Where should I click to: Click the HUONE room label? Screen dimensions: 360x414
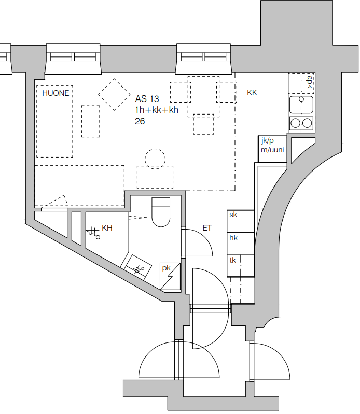tap(56, 93)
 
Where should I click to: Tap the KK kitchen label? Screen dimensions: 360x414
tap(252, 93)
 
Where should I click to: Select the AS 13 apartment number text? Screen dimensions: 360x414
tap(147, 99)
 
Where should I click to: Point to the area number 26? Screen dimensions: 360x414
tap(140, 121)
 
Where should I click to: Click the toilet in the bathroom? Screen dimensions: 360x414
tap(161, 212)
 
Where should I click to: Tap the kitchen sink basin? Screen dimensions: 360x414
tap(301, 105)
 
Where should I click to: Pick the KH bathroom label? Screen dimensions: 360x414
tap(107, 228)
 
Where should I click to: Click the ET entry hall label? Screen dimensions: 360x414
tap(207, 228)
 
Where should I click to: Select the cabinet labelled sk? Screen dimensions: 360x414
tap(241, 221)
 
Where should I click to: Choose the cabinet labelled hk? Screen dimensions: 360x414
tap(241, 244)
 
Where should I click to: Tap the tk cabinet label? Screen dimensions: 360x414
tap(232, 260)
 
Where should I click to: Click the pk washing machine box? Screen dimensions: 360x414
tap(170, 277)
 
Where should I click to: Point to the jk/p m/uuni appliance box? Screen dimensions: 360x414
tap(272, 149)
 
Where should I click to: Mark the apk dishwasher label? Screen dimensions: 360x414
tap(310, 82)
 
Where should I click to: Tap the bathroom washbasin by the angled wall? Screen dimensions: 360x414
tap(138, 267)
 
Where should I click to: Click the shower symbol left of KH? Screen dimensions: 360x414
tap(93, 232)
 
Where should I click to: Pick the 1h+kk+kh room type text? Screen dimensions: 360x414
tap(157, 110)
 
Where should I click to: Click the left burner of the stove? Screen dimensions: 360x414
tap(296, 123)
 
